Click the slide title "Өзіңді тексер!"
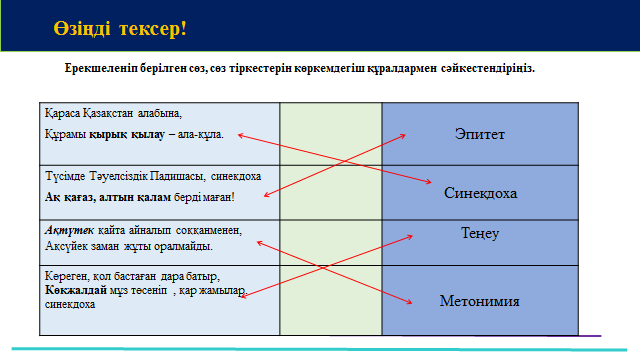click(120, 29)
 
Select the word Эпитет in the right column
click(480, 134)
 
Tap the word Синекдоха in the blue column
click(480, 193)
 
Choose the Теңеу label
click(480, 233)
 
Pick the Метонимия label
click(480, 301)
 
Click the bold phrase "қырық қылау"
click(127, 135)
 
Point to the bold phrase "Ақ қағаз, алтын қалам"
click(108, 198)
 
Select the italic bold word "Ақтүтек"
click(69, 231)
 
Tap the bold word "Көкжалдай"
click(76, 290)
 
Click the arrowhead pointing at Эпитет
click(402, 136)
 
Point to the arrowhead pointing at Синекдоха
click(429, 182)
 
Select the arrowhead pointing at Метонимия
click(409, 302)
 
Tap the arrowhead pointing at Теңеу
click(410, 236)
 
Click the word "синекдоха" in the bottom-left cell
click(70, 304)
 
